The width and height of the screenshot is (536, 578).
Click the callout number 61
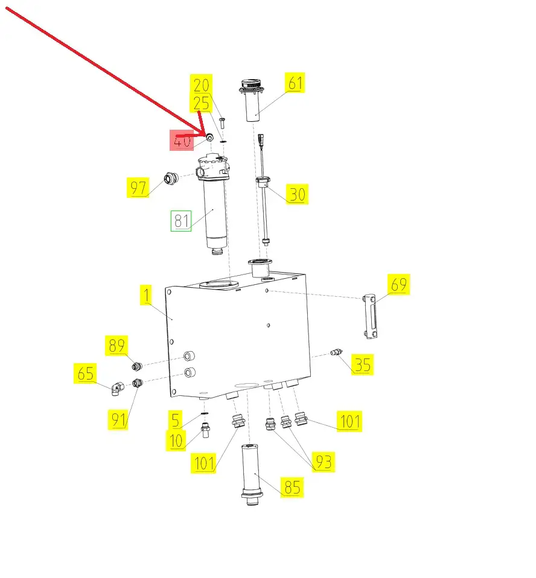pos(295,83)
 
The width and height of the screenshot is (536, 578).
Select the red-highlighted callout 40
pos(182,141)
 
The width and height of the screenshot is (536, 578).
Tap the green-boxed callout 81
pos(180,221)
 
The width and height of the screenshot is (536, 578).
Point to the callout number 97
pos(138,187)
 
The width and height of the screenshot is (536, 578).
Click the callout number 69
pos(399,284)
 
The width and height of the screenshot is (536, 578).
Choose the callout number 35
pos(362,364)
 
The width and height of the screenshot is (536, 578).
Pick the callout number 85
pos(292,487)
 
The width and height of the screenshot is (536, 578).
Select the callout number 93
pos(324,462)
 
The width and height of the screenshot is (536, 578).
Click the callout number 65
pos(85,373)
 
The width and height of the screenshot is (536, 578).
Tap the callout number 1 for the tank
pos(147,295)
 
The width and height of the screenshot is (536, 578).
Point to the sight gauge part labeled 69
pos(370,316)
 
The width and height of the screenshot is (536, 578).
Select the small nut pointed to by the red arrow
pos(209,138)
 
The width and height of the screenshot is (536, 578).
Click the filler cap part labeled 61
pos(252,100)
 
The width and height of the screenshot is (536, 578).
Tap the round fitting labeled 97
pos(171,179)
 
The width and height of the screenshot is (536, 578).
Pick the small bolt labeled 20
pos(222,123)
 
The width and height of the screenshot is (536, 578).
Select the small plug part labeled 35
pos(336,352)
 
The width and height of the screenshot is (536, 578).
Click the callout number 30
pos(297,194)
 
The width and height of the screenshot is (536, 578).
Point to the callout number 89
pos(116,345)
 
